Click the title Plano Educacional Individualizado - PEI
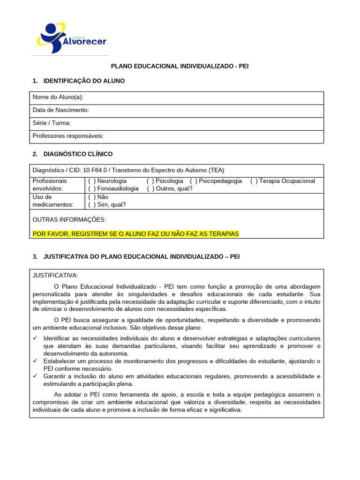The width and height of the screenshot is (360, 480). coord(179,66)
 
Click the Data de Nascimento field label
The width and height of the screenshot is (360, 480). coord(60,110)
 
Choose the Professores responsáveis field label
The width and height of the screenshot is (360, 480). coord(68,136)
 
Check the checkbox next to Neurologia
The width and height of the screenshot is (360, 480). coord(92,181)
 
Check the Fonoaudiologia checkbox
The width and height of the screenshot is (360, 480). coord(92,188)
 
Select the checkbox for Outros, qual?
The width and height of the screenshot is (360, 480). coord(150,188)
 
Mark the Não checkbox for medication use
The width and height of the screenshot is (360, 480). coord(92,197)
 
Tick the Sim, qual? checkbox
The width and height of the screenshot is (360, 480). coord(92,205)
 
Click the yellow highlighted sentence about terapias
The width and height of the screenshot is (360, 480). coord(135,233)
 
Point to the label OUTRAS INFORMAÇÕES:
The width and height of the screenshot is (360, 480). coord(69,219)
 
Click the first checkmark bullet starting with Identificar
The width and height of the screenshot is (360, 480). coord(35,338)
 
